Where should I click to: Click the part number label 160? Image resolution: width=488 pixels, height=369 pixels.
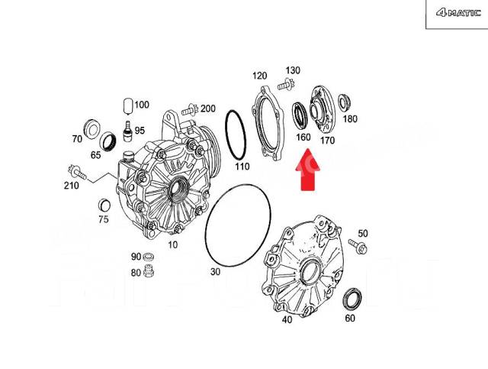pos(303,138)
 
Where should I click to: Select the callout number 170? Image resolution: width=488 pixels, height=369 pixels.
pos(328,140)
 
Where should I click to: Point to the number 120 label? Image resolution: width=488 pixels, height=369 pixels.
pos(260,76)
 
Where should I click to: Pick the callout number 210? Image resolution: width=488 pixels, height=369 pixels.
pos(71,186)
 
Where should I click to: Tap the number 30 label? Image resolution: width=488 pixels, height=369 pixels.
pos(215,271)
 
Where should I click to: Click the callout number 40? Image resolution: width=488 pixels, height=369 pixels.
pos(287,320)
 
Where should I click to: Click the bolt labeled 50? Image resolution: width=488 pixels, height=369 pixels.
pos(358,247)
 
